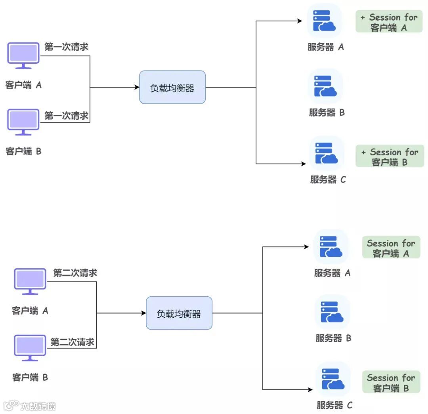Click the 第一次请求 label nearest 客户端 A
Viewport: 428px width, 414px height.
pyautogui.click(x=66, y=47)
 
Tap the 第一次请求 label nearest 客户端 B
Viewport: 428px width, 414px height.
pyautogui.click(x=66, y=116)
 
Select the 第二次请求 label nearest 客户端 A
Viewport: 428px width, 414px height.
pyautogui.click(x=75, y=273)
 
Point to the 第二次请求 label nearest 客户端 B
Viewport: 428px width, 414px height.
pyautogui.click(x=73, y=342)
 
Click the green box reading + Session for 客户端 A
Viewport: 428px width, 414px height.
pyautogui.click(x=389, y=22)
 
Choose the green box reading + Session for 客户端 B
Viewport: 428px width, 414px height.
pyautogui.click(x=390, y=157)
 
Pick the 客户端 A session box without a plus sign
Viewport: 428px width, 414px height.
pyautogui.click(x=391, y=248)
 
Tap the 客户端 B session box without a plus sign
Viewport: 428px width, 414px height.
pyautogui.click(x=391, y=383)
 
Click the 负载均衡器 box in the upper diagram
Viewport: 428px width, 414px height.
pyautogui.click(x=172, y=88)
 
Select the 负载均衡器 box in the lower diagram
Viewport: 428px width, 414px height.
pyautogui.click(x=179, y=313)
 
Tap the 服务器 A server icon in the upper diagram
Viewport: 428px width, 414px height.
pyautogui.click(x=324, y=21)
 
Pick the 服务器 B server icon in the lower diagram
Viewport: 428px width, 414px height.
pyautogui.click(x=332, y=313)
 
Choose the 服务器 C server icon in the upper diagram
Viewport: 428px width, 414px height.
pyautogui.click(x=326, y=154)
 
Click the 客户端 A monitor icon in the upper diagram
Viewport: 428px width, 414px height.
pyautogui.click(x=23, y=55)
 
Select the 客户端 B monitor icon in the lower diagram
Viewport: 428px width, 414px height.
pyautogui.click(x=30, y=347)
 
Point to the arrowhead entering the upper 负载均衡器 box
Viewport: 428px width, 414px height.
pyautogui.click(x=137, y=88)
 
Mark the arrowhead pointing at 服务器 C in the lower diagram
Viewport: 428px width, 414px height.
pyautogui.click(x=310, y=390)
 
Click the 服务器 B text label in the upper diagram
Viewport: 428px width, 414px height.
pyautogui.click(x=327, y=113)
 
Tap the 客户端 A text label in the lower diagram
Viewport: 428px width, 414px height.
pyautogui.click(x=30, y=311)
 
